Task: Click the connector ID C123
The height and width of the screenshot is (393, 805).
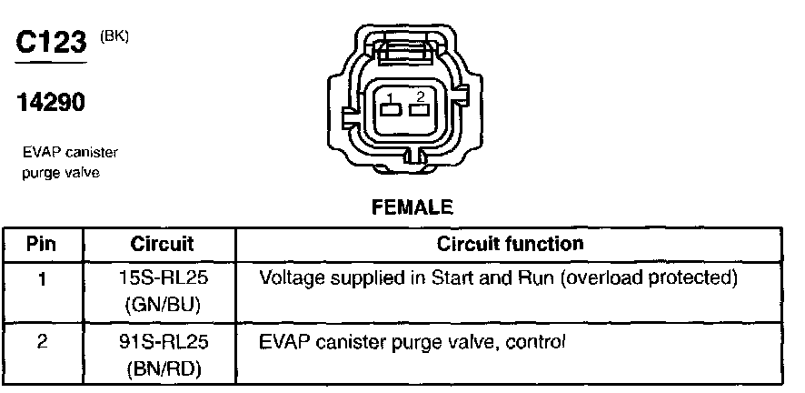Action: click(51, 44)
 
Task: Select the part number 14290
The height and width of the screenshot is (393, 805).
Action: click(51, 104)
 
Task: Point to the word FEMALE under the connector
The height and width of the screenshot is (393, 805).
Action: click(412, 207)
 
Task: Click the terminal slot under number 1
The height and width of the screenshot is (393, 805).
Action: click(391, 111)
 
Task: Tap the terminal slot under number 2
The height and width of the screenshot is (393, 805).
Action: click(419, 111)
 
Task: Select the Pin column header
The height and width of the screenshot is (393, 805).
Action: click(41, 244)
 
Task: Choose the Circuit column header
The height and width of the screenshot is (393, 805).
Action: click(163, 244)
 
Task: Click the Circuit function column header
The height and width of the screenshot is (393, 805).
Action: click(511, 244)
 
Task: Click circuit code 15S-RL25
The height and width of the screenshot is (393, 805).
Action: click(164, 277)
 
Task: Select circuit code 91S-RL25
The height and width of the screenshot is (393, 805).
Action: click(164, 343)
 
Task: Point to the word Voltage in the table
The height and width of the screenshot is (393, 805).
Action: click(288, 277)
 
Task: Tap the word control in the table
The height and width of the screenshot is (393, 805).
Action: click(542, 343)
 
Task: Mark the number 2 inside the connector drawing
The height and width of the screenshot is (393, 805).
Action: click(419, 96)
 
